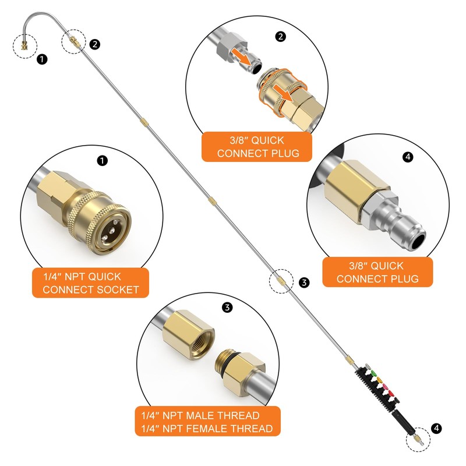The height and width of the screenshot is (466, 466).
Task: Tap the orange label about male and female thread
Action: (x=207, y=422)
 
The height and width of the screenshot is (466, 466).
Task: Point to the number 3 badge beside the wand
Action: (x=303, y=283)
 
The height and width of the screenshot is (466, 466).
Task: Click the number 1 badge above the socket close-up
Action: (x=103, y=160)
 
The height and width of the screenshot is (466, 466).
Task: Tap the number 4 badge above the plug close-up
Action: (x=407, y=157)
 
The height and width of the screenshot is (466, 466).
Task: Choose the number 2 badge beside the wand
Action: (x=95, y=44)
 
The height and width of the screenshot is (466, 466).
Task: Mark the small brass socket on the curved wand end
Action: (x=25, y=45)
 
